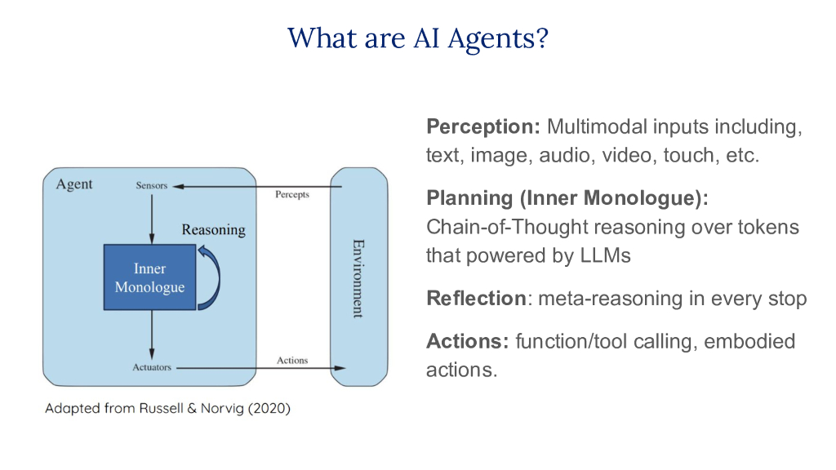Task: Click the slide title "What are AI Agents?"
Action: tap(417, 38)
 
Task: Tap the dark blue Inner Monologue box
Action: tap(149, 277)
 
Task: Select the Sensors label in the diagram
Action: tap(151, 185)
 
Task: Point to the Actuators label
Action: tap(152, 367)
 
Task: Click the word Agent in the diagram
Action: tap(74, 184)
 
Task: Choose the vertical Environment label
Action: tap(358, 277)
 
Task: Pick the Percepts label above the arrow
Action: tap(292, 195)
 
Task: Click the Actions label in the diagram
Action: tap(292, 360)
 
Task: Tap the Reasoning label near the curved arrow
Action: tap(213, 229)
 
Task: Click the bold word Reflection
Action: tap(476, 299)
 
